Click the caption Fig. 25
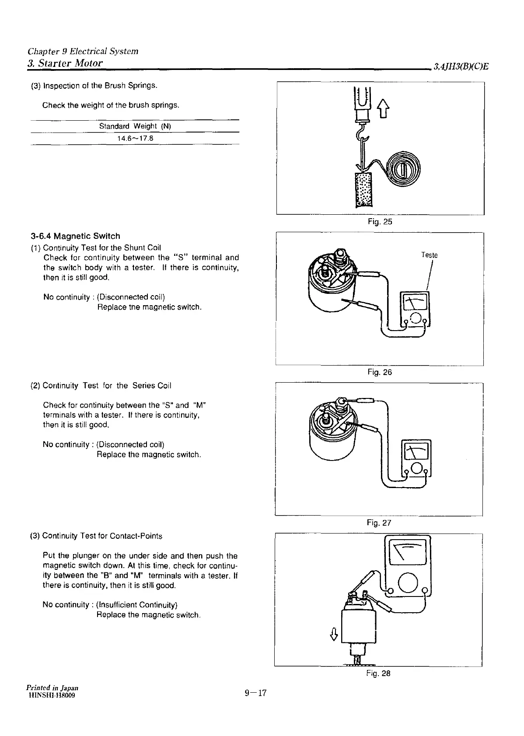coord(380,222)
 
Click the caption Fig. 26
coord(380,372)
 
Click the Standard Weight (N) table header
coord(135,126)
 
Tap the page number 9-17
coord(256,693)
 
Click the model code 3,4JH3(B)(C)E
coord(461,66)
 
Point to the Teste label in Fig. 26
coord(429,255)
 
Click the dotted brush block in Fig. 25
coord(363,189)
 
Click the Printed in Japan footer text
coord(52,688)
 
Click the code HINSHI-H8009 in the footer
coord(51,695)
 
